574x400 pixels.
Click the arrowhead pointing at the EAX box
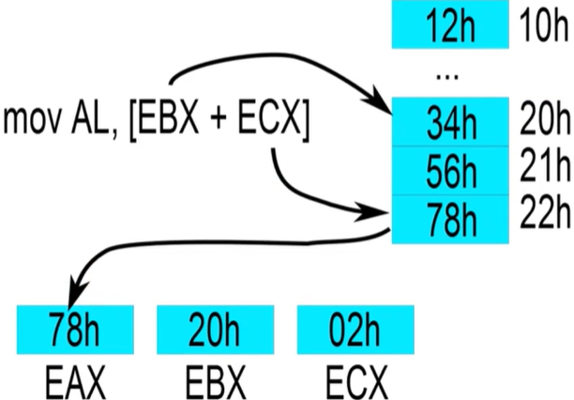tap(79, 299)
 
